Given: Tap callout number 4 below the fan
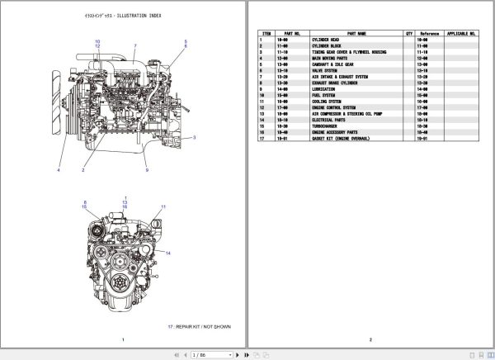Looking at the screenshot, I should click(x=59, y=170).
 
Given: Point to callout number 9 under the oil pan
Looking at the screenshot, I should click(x=147, y=170).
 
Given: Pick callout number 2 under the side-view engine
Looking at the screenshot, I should click(x=83, y=170).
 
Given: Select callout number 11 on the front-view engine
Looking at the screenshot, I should click(x=163, y=206).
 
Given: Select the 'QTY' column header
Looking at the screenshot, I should click(x=408, y=34).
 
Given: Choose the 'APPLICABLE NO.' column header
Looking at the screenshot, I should click(x=460, y=34).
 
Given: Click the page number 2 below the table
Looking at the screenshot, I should click(x=370, y=340).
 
